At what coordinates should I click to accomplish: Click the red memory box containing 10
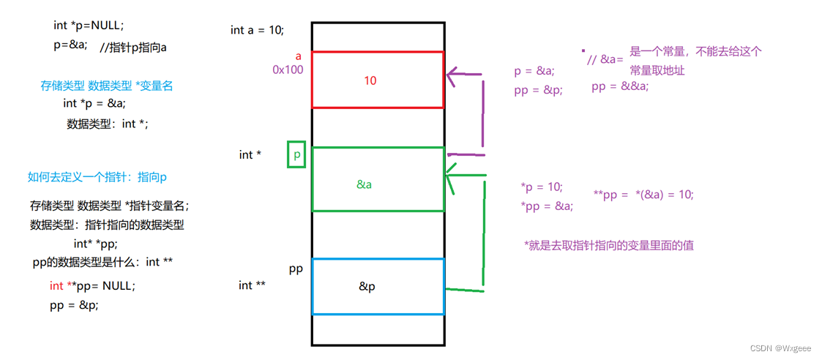(x=378, y=80)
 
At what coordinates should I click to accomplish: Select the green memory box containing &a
(x=378, y=179)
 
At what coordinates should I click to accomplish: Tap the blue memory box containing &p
(x=378, y=286)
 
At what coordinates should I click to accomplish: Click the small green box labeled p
(x=296, y=154)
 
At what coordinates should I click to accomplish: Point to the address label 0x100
(x=288, y=70)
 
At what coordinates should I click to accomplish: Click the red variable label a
(x=299, y=56)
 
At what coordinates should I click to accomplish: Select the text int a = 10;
(x=257, y=30)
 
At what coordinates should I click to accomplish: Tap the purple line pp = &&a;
(x=620, y=86)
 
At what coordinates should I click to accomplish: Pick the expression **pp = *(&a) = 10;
(x=643, y=195)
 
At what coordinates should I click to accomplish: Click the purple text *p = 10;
(x=542, y=187)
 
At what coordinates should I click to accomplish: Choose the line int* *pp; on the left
(x=95, y=244)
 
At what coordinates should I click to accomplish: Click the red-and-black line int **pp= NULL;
(x=92, y=285)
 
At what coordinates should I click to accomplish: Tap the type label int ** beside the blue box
(x=252, y=285)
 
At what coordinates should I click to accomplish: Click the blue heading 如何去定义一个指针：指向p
(x=97, y=177)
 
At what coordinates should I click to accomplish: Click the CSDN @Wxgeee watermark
(x=783, y=348)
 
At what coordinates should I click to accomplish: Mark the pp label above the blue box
(x=296, y=269)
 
